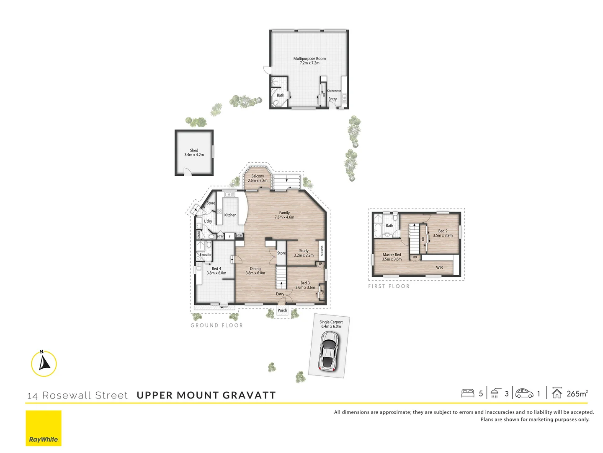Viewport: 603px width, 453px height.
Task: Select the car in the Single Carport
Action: (x=329, y=350)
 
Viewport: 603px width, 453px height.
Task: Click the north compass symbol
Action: (x=44, y=363)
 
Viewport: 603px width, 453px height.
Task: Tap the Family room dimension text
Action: (x=284, y=217)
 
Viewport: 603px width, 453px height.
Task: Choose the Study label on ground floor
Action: (x=304, y=251)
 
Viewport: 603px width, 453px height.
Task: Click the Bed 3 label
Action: (x=305, y=283)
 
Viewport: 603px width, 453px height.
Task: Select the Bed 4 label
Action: (x=216, y=268)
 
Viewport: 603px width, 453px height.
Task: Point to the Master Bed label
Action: (x=392, y=255)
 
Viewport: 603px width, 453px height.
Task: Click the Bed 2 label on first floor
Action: (x=443, y=231)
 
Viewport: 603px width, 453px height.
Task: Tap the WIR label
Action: (x=439, y=268)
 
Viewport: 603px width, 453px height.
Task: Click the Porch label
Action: (x=282, y=310)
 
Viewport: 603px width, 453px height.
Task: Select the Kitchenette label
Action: (x=334, y=91)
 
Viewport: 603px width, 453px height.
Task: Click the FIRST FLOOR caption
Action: (x=389, y=286)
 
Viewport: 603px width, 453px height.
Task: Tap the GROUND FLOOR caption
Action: (x=216, y=325)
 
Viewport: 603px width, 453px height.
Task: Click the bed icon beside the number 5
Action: (x=467, y=393)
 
